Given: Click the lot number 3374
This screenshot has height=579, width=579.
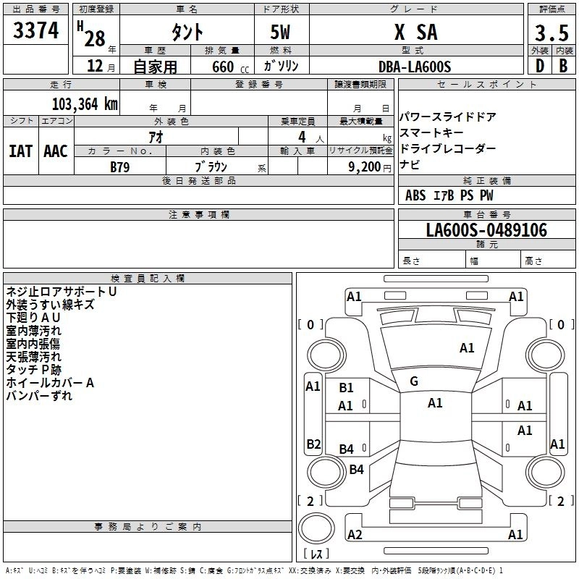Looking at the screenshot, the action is pos(36,31).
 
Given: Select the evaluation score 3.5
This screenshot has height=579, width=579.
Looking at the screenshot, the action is pos(550,33).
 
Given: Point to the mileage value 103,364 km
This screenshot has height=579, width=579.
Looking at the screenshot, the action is pos(85,103).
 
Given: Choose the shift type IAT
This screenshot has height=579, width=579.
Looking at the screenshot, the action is pos(21,151).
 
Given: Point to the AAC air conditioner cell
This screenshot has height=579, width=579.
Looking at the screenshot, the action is pos(56,151).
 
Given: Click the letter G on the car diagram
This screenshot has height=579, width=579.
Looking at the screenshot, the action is pos(414,381).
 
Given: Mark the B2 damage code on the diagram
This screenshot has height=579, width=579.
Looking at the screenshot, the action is pos(313,444).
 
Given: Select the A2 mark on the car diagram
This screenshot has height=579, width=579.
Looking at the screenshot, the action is pos(355,535).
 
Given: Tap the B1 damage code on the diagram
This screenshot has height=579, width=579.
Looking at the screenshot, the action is pos(346,388).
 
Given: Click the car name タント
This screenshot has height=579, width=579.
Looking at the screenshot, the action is pos(187,33).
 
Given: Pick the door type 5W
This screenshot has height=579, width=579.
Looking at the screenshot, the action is pos(282,33).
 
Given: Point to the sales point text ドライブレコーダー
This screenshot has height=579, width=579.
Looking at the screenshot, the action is pos(447,148).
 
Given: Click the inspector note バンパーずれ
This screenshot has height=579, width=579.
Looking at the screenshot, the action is pos(39,396).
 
